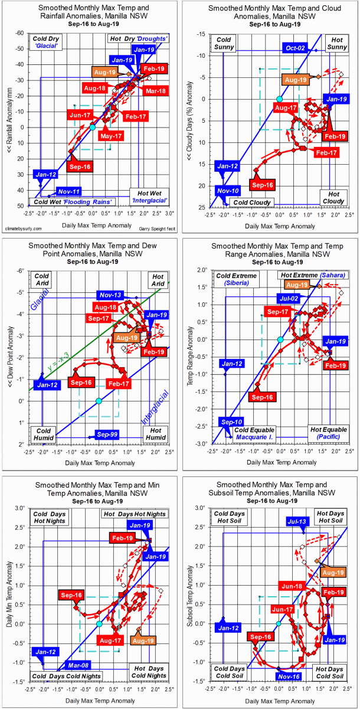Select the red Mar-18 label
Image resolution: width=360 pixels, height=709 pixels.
[x=155, y=91]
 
